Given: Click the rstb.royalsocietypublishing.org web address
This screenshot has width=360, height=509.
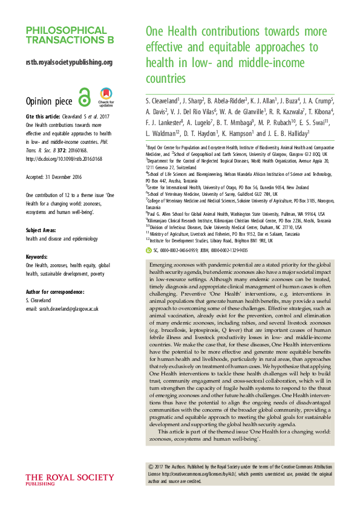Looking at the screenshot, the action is pos(69,62).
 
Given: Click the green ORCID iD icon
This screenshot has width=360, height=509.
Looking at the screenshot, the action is pos(149,249).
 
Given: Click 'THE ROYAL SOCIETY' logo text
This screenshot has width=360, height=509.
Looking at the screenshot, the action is pos(69,477).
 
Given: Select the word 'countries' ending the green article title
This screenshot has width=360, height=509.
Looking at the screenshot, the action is pos(165,79).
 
